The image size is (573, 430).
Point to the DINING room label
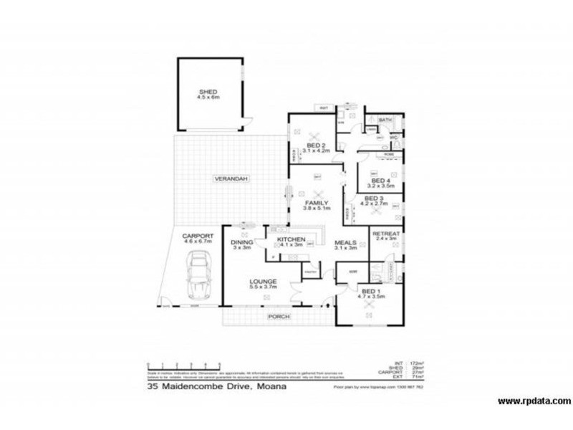click(x=241, y=242)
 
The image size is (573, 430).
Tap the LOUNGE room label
click(x=263, y=282)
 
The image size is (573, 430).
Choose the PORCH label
click(x=278, y=315)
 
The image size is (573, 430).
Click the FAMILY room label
click(x=316, y=203)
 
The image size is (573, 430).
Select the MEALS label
click(x=347, y=242)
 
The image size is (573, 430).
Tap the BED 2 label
click(x=315, y=145)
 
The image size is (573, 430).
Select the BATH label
click(x=385, y=120)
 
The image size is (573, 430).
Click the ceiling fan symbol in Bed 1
click(x=370, y=305)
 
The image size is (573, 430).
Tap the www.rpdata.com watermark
click(x=533, y=401)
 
